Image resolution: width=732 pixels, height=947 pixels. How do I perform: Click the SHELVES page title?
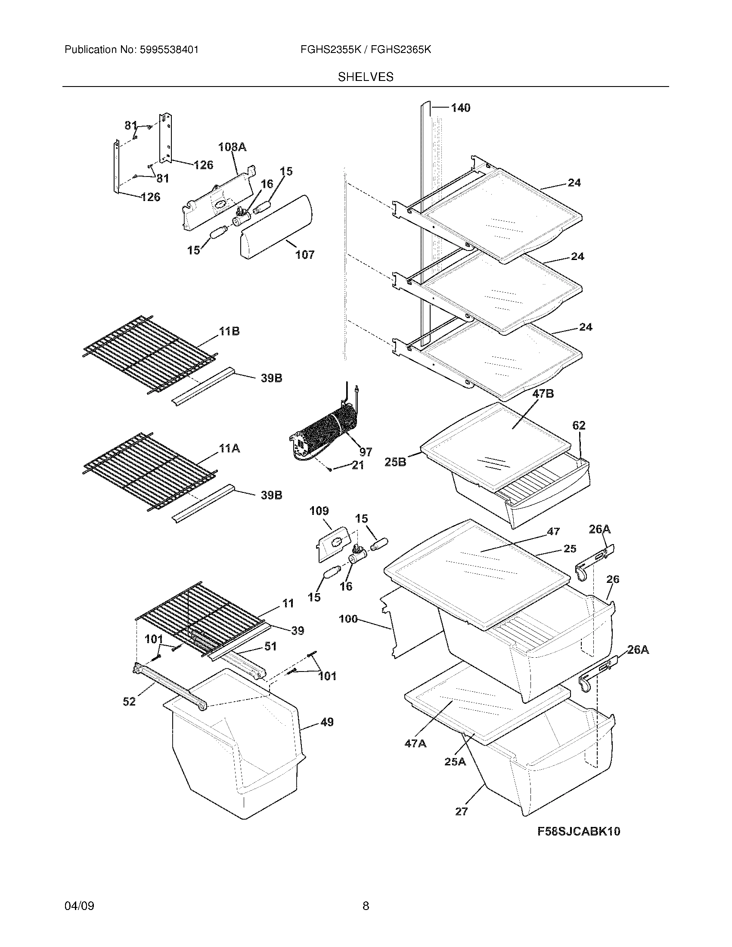click(366, 77)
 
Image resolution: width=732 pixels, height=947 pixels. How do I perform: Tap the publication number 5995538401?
click(169, 50)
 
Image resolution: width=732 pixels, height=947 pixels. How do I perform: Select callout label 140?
click(461, 108)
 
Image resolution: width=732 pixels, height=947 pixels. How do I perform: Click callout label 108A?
click(232, 147)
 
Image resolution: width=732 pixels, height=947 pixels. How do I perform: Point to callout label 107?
click(305, 255)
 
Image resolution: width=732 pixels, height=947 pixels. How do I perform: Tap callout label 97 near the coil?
click(366, 452)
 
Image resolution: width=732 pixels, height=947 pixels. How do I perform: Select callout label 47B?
click(543, 394)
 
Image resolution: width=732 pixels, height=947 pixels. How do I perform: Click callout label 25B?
click(395, 462)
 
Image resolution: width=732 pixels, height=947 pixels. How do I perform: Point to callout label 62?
click(579, 425)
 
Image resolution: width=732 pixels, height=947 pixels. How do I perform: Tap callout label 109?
click(319, 511)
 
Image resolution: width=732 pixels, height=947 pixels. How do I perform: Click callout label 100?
click(348, 619)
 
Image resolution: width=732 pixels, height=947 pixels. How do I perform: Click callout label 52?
click(129, 702)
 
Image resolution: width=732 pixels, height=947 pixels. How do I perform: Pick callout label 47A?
click(415, 744)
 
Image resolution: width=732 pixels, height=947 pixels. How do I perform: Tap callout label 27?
click(462, 811)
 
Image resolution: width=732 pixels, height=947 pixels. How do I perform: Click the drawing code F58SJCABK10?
click(578, 831)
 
